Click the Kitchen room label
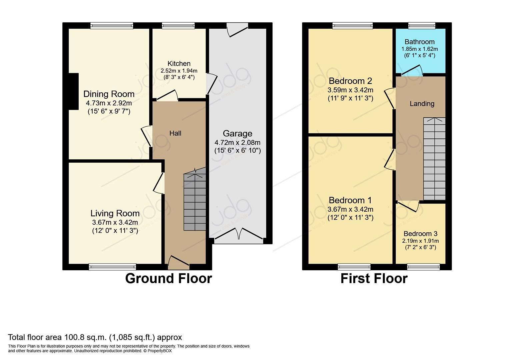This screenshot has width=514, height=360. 179,63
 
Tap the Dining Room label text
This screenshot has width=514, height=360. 109,94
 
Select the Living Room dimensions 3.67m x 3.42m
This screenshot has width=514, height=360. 115,222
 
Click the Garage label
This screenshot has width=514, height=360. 237,134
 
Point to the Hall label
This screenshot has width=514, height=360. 175,133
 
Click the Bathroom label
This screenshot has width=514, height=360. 419,42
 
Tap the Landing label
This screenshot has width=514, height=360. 422,104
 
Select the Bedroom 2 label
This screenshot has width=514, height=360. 350,81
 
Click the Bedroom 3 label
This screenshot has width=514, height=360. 420,234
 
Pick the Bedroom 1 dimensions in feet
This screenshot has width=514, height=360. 350,218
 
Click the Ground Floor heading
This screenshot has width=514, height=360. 168,278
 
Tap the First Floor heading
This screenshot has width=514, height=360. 374,278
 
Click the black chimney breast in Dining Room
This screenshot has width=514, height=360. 73,91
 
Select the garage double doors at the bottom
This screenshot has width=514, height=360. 239,234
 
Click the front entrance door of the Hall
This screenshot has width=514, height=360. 178,262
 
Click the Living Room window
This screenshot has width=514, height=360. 112,266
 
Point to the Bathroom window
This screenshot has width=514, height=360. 422,26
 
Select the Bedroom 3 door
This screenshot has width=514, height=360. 408,206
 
